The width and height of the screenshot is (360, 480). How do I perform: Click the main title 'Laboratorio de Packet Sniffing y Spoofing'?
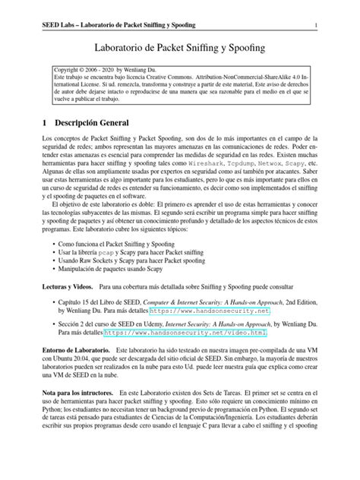pos(179,49)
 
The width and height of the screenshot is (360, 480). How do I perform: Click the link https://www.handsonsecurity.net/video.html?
pos(185,332)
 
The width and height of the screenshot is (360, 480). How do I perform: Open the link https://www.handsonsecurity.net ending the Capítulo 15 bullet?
pos(210,311)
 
